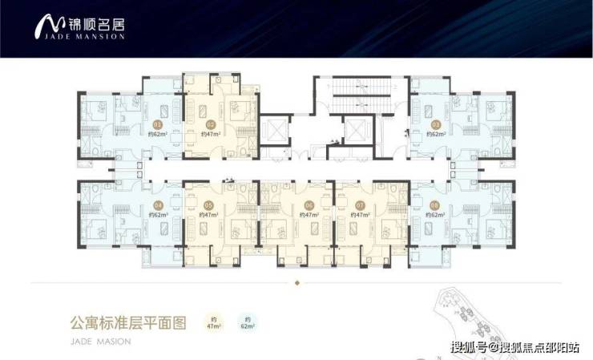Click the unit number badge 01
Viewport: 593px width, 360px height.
tap(157, 125)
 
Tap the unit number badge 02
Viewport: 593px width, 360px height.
tap(211, 125)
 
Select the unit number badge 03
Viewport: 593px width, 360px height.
tap(436, 125)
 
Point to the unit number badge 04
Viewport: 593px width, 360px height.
tap(157, 205)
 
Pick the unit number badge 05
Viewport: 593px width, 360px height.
tap(208, 205)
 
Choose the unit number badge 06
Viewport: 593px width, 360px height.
tap(308, 205)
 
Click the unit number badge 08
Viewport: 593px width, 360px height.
tap(434, 205)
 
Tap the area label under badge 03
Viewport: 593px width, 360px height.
tap(436, 136)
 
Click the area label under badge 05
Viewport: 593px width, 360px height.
tap(208, 216)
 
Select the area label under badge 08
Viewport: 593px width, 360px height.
tap(434, 216)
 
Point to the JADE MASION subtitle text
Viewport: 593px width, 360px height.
tap(96, 340)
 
